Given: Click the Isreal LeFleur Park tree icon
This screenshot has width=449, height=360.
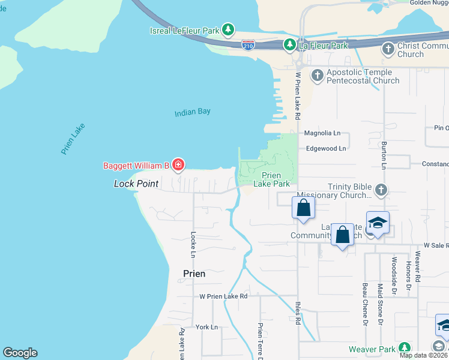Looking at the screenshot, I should click(228, 29).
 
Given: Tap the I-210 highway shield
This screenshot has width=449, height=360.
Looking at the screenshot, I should click(247, 45).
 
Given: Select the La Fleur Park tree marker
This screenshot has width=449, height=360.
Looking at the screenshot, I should click(289, 45).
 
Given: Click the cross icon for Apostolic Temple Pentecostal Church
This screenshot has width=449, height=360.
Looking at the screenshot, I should click(316, 76).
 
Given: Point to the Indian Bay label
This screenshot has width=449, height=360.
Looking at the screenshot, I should click(193, 112).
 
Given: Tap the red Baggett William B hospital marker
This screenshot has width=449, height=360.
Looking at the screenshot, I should click(178, 164).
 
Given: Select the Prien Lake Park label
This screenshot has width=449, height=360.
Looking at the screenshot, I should click(276, 179).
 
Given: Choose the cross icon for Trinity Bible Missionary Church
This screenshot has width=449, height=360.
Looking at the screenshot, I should click(381, 190).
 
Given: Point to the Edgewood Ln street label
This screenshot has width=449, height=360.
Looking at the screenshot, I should click(327, 148).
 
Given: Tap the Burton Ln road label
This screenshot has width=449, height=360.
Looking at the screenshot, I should click(383, 155).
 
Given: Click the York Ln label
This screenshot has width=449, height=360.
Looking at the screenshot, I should click(206, 327).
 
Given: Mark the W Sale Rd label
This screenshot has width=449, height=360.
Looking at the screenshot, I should click(436, 245).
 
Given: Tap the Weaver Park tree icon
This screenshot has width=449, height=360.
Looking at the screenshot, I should click(404, 349).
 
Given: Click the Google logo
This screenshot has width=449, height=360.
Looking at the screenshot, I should click(20, 353).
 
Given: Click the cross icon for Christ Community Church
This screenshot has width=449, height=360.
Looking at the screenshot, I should click(388, 49).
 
